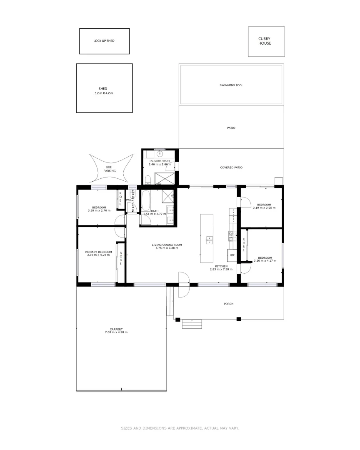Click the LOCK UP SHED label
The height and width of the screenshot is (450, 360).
pyautogui.click(x=104, y=41)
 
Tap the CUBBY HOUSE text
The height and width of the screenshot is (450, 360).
pyautogui.click(x=264, y=41)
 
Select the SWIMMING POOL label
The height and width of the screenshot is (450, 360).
pyautogui.click(x=231, y=85)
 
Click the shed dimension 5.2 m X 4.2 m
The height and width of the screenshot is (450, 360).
pyautogui.click(x=104, y=93)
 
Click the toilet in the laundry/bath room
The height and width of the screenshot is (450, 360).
pyautogui.click(x=148, y=180)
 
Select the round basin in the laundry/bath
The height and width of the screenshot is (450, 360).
pyautogui.click(x=160, y=154)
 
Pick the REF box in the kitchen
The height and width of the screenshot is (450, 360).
pyautogui.click(x=232, y=255)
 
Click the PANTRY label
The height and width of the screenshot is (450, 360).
pyautogui.click(x=233, y=215)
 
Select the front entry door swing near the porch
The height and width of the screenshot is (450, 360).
pyautogui.click(x=184, y=285)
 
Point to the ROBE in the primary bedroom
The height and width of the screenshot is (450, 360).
pyautogui.click(x=121, y=259)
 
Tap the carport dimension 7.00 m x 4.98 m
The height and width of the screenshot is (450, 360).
pyautogui.click(x=116, y=332)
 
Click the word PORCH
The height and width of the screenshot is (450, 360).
pyautogui.click(x=228, y=304)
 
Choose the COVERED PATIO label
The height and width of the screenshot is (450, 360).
pyautogui.click(x=231, y=167)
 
